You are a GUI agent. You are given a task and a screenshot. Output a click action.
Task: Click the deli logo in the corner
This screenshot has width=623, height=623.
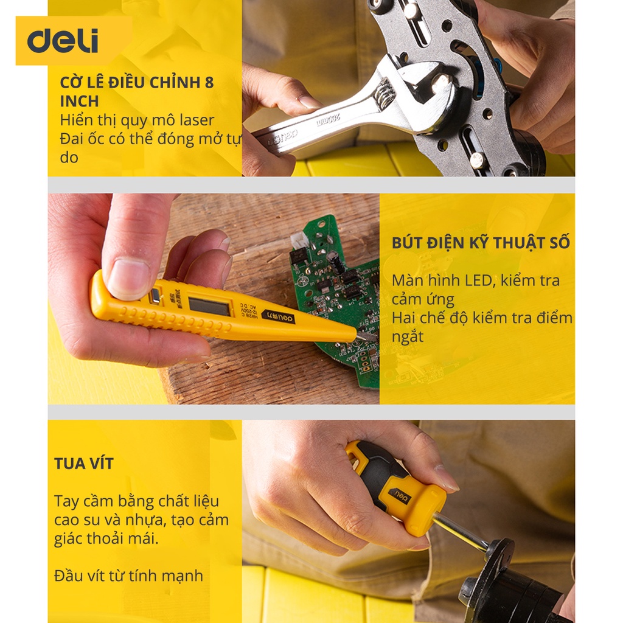click(63, 41)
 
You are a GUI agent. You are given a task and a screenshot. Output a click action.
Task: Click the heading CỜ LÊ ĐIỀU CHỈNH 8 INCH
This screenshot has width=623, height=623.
click(137, 92)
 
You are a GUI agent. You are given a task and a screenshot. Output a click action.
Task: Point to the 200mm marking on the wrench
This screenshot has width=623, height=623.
click(329, 120)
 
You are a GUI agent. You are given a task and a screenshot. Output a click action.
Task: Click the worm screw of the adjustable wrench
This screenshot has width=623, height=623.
click(385, 94)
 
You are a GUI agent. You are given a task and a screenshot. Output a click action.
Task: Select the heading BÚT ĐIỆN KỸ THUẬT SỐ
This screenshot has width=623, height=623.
click(481, 243)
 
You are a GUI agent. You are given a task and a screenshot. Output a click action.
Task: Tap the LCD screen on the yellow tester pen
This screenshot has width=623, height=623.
click(209, 307)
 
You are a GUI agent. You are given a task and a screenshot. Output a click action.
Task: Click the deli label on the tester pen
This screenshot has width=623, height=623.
click(279, 316)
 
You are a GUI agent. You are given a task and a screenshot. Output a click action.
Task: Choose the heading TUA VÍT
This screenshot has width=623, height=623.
click(84, 464)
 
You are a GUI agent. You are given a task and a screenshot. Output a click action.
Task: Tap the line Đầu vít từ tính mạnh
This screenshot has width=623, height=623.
click(128, 576)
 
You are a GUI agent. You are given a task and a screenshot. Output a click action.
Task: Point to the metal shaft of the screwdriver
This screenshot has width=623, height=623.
click(461, 531)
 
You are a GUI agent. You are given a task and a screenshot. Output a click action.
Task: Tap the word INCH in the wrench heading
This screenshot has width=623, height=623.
click(79, 102)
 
